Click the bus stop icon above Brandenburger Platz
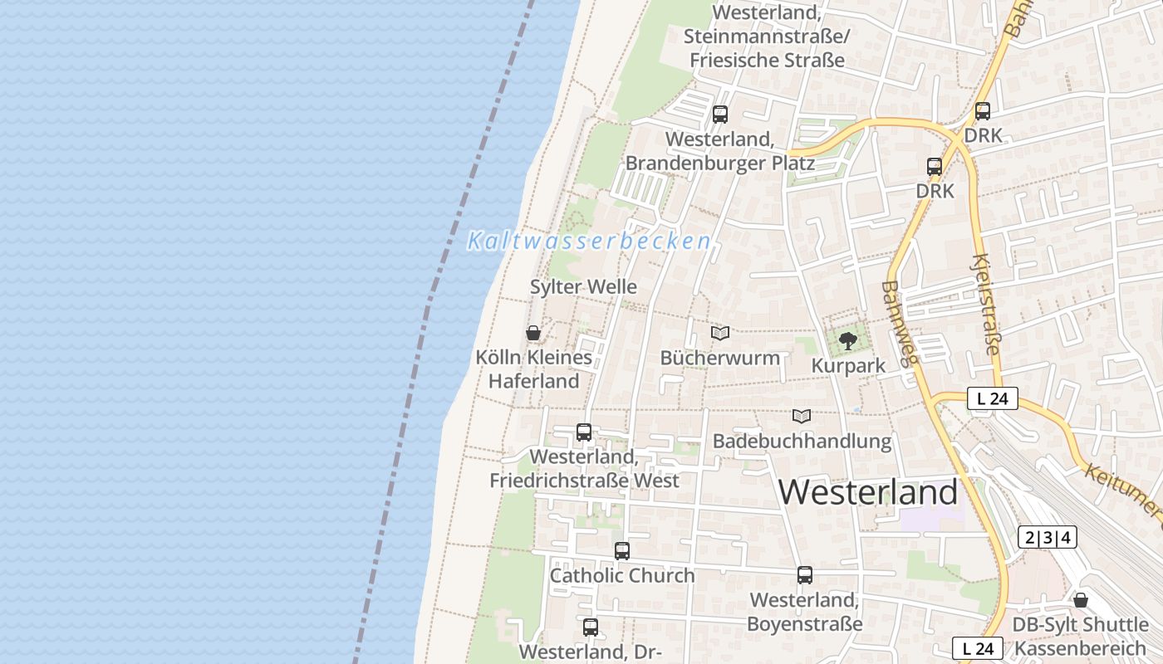(720, 115)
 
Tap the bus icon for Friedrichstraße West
(584, 432)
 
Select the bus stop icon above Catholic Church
(622, 550)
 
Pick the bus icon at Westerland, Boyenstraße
(805, 575)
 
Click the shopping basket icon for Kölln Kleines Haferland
(533, 333)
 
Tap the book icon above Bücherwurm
(720, 333)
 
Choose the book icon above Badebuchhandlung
(802, 416)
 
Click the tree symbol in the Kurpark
(847, 340)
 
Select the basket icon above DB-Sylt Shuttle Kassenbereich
(1081, 600)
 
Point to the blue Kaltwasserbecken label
(589, 242)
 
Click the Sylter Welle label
(584, 287)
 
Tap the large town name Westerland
(868, 492)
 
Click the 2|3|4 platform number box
(1048, 537)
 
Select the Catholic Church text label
(622, 575)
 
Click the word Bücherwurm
(720, 358)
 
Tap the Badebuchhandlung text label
(802, 441)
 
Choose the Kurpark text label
(847, 365)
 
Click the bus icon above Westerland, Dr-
(591, 627)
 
